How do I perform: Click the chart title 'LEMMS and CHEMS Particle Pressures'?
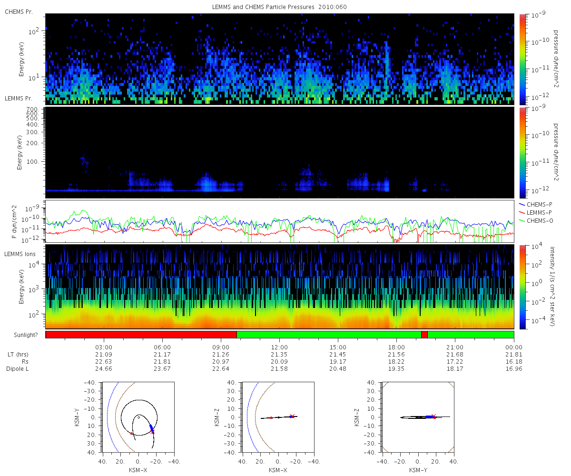263,7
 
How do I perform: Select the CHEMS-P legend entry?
536,204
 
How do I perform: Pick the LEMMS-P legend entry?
535,213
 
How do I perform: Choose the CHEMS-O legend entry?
536,220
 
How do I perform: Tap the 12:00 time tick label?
279,347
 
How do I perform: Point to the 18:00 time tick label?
396,347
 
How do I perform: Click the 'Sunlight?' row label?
26,335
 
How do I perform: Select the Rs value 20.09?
279,361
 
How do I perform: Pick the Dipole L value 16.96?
513,368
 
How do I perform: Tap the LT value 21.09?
104,354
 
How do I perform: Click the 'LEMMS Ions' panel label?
20,254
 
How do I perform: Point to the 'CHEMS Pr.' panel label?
19,12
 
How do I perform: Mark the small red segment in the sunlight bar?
424,335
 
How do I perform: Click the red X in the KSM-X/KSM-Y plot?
152,432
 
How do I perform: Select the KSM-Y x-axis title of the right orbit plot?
418,470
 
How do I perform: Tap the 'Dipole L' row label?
17,368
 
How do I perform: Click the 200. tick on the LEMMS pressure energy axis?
32,143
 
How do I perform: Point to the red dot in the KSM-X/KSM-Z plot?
271,418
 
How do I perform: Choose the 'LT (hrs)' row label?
18,354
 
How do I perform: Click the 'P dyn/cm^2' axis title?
14,222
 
